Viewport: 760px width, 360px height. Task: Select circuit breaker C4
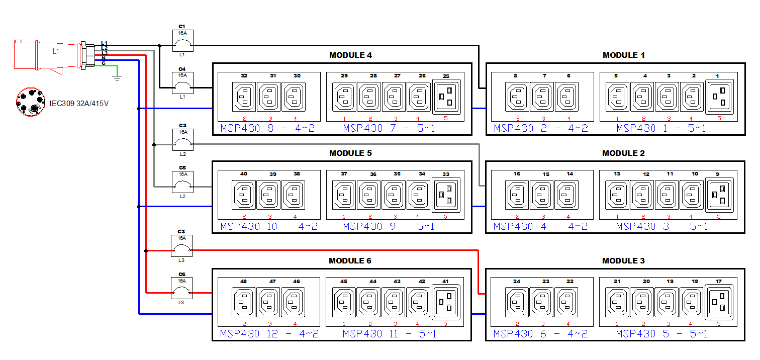182,83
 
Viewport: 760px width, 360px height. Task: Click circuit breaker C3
182,246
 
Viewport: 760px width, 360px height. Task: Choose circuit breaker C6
182,288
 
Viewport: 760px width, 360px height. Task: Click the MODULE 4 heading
350,55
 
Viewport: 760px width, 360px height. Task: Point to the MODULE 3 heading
623,260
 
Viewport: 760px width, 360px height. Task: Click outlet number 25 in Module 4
446,96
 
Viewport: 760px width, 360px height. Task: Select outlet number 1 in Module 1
718,96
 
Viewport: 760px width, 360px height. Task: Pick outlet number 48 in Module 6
244,302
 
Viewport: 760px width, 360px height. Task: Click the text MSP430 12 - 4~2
269,334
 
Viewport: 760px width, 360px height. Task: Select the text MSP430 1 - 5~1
661,128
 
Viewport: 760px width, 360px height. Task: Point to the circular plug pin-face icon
30,102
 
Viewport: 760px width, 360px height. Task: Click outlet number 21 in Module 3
617,302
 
